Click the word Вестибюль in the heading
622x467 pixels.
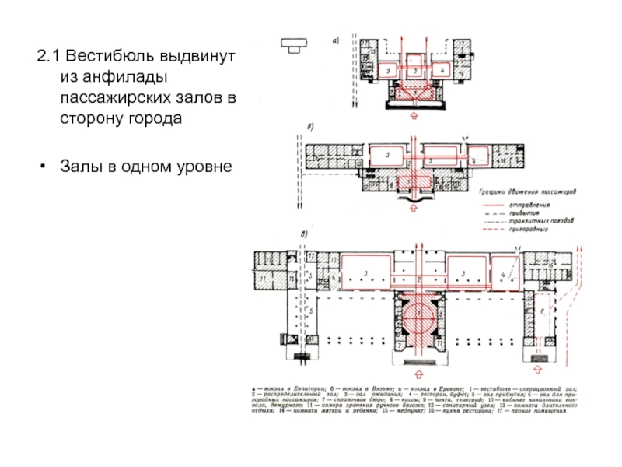point(109,58)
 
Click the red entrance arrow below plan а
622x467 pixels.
point(413,115)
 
